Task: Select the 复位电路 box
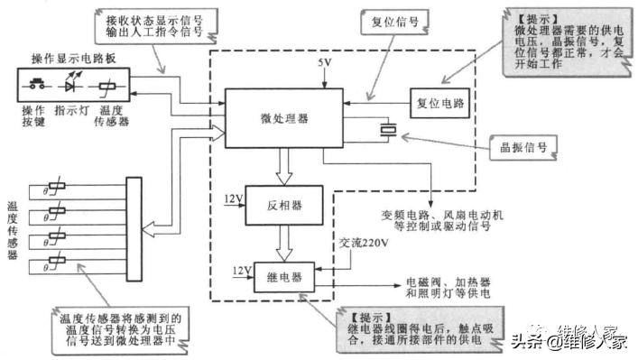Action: (x=440, y=103)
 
